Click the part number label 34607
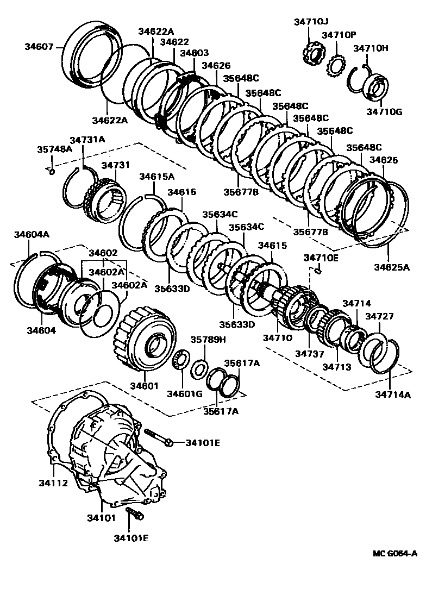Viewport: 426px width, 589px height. (x=39, y=47)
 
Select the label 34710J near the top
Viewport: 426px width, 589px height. (x=311, y=22)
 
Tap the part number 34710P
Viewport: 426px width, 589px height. (x=339, y=35)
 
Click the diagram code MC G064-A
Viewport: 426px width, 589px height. (x=395, y=554)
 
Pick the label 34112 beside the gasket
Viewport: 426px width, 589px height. (x=53, y=483)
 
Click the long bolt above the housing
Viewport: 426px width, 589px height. (x=158, y=437)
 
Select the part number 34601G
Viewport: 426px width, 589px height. (x=185, y=393)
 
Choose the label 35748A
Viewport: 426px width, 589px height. (x=54, y=148)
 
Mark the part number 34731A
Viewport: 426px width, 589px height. (x=87, y=140)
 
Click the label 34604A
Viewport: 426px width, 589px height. (x=32, y=235)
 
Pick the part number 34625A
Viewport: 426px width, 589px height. (x=391, y=267)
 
